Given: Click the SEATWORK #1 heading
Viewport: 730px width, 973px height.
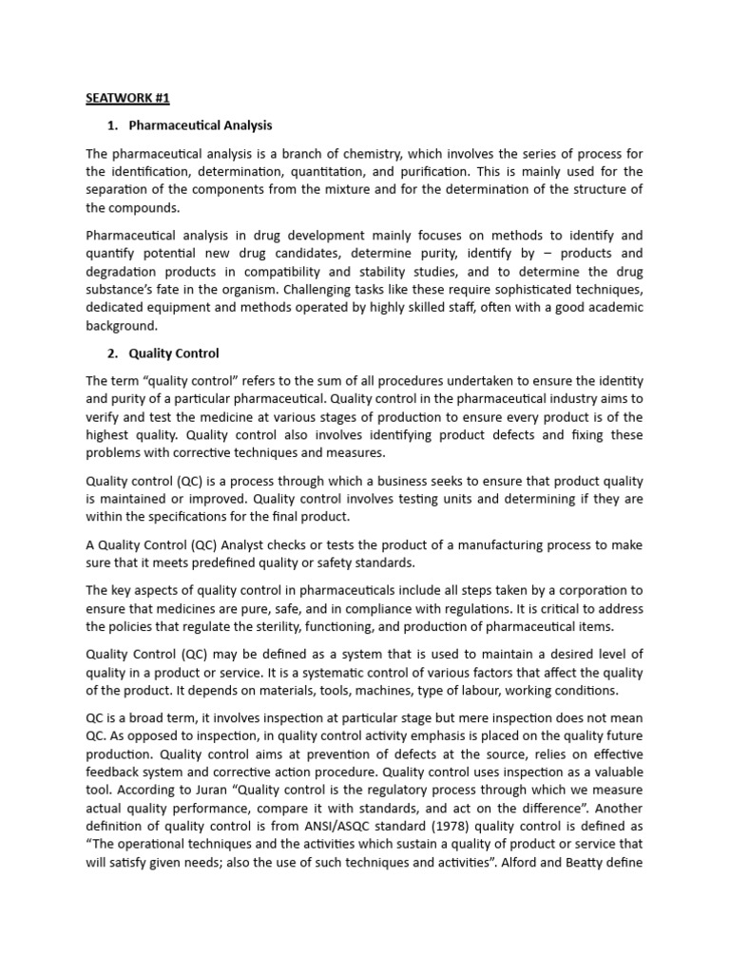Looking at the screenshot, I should tap(127, 98).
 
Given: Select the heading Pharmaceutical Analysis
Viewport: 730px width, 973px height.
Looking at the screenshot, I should tap(201, 125).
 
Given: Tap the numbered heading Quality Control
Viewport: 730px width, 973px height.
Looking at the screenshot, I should tap(174, 353).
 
